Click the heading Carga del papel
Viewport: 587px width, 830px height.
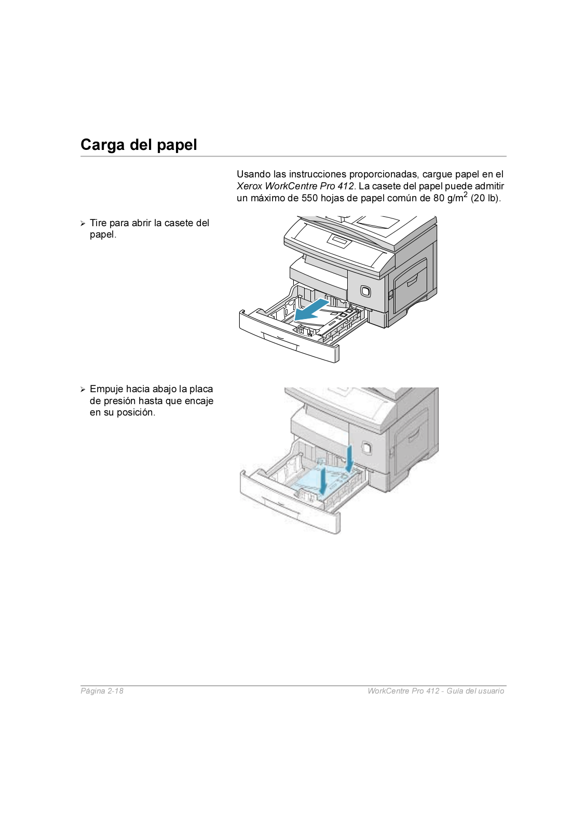click(139, 145)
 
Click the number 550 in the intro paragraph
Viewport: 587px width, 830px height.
click(309, 198)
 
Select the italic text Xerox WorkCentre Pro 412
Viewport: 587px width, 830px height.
click(295, 186)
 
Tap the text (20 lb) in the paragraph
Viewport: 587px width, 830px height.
click(485, 198)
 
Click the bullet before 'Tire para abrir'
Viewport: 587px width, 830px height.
click(83, 224)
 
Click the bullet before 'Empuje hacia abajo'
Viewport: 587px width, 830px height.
click(83, 390)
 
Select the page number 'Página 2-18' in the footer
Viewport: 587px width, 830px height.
click(102, 691)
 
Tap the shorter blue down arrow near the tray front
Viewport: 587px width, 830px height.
click(323, 480)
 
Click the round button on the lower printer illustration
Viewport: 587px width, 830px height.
click(366, 447)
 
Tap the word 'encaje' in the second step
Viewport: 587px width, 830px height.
click(199, 401)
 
